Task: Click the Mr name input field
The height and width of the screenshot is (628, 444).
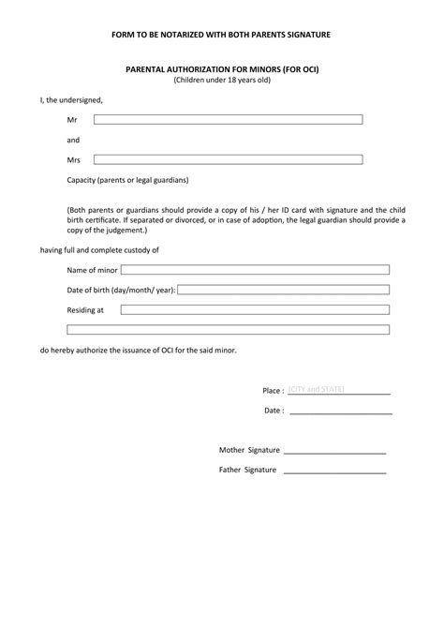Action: click(228, 120)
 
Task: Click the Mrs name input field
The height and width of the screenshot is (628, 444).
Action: click(228, 159)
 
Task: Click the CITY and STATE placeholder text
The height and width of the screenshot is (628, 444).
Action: click(317, 388)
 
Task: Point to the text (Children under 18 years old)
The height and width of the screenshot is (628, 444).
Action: click(221, 81)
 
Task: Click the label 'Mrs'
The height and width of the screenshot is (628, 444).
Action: click(74, 160)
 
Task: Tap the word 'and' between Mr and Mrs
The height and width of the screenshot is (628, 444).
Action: click(73, 140)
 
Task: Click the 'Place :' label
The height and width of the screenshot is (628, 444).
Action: click(273, 390)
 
